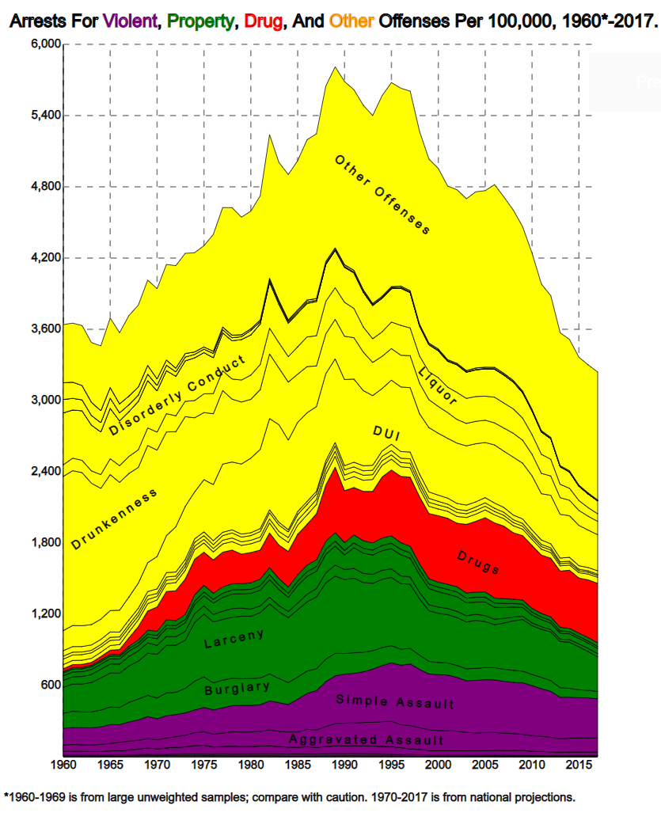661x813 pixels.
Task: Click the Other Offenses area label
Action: (382, 195)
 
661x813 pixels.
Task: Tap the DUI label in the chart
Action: (386, 432)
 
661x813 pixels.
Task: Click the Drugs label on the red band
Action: (478, 562)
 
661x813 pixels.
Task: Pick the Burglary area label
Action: (237, 688)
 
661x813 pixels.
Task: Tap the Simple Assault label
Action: (395, 702)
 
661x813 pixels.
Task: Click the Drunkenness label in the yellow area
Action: (114, 519)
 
